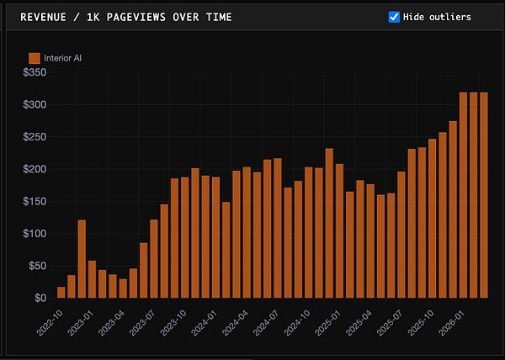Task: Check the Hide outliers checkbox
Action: click(x=394, y=17)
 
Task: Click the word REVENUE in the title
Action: click(x=46, y=17)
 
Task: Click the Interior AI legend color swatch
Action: click(x=35, y=58)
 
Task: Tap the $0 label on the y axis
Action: click(x=40, y=298)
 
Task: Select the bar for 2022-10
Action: click(x=61, y=293)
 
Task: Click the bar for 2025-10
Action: click(x=432, y=219)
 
